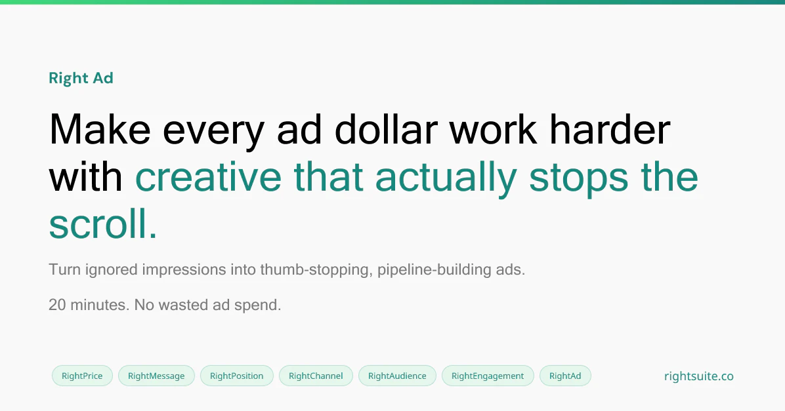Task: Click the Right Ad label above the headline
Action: coord(81,78)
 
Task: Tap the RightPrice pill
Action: coord(82,376)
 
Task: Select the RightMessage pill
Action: coord(156,376)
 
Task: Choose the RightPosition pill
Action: coord(236,376)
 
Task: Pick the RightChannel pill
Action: coord(316,376)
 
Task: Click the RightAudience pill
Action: coord(397,376)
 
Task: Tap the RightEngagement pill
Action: coord(488,376)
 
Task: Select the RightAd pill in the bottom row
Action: coord(565,376)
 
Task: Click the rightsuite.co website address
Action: coord(698,376)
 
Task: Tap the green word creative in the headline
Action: coord(208,177)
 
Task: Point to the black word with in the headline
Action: coord(85,177)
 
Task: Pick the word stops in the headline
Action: coord(578,177)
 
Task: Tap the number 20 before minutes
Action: coord(57,305)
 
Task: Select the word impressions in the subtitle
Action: coord(182,269)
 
